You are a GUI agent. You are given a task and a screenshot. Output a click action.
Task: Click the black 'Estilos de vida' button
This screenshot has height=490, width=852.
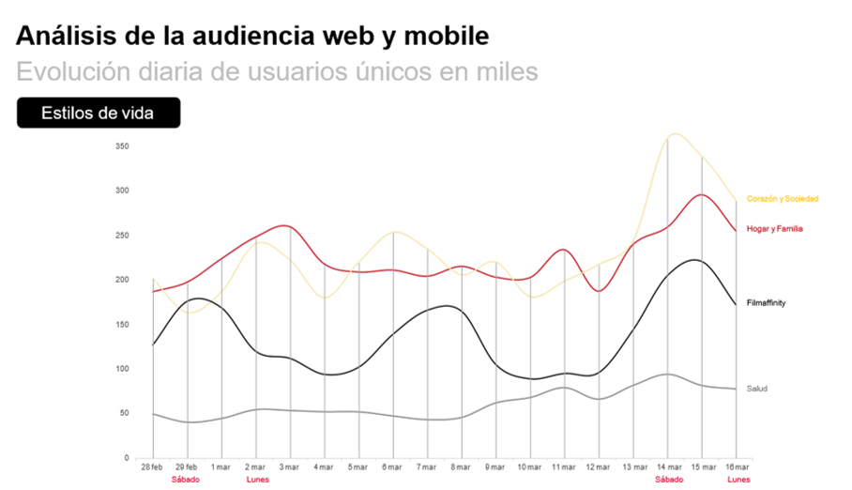pyautogui.click(x=98, y=113)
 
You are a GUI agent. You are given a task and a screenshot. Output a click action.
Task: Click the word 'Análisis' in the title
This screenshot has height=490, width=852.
pyautogui.click(x=64, y=37)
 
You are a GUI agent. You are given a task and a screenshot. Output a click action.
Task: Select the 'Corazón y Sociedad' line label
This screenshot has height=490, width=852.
pyautogui.click(x=783, y=199)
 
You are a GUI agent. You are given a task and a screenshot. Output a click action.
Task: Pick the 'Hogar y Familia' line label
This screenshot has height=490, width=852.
pyautogui.click(x=775, y=229)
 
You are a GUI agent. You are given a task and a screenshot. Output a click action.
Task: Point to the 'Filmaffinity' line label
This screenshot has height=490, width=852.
pyautogui.click(x=767, y=303)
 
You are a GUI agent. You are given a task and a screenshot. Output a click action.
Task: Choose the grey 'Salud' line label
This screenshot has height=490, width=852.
pyautogui.click(x=757, y=389)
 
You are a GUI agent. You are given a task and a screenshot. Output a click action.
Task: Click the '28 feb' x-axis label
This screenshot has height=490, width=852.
pyautogui.click(x=152, y=467)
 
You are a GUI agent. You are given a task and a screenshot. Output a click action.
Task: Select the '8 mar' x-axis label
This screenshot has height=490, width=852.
pyautogui.click(x=460, y=467)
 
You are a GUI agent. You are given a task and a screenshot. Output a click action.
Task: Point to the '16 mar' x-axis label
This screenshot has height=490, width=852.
pyautogui.click(x=738, y=467)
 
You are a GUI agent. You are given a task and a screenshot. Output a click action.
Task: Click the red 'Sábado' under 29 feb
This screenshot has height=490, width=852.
pyautogui.click(x=186, y=480)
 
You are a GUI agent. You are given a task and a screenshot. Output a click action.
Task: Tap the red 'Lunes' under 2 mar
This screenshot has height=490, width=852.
pyautogui.click(x=257, y=480)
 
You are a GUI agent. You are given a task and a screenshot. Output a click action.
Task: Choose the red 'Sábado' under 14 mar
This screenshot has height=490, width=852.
pyautogui.click(x=669, y=480)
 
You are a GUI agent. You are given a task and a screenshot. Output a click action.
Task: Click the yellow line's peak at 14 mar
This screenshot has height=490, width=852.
pyautogui.click(x=672, y=134)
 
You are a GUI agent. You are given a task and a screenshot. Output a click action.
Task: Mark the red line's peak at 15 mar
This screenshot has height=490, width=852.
pyautogui.click(x=701, y=194)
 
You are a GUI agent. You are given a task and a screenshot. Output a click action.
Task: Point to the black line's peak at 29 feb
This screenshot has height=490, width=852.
pyautogui.click(x=190, y=299)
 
